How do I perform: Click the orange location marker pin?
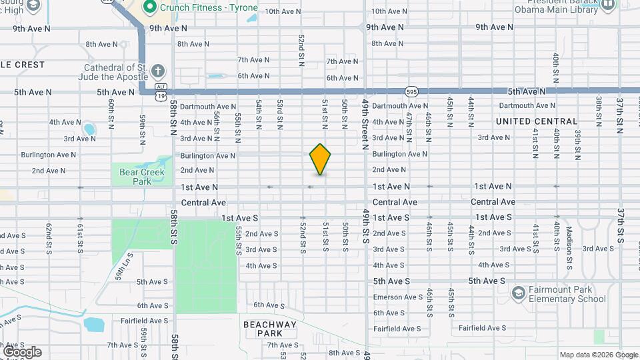(321, 159)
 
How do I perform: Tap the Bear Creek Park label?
(133, 176)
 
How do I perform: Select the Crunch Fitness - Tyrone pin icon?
(150, 7)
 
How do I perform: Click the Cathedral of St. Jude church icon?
(157, 71)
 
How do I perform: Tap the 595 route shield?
(411, 91)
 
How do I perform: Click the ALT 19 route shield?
(161, 92)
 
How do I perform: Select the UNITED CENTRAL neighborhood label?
(536, 121)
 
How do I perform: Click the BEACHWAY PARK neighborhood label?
(269, 329)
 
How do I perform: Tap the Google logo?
(22, 352)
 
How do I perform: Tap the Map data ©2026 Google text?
(598, 355)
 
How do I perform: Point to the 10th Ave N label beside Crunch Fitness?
(282, 11)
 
